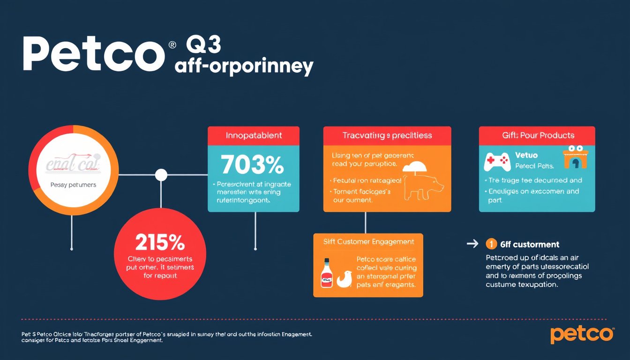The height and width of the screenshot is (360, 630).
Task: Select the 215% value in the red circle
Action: tap(160, 243)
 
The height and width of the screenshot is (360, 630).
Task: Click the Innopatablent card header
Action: tap(254, 135)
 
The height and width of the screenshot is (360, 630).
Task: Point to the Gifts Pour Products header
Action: tap(537, 135)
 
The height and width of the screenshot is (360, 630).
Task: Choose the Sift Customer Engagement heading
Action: tap(368, 242)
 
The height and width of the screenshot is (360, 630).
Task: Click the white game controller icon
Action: tap(497, 161)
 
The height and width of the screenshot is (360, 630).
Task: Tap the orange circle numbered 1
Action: tap(491, 244)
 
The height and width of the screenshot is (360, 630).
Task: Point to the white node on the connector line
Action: tap(161, 175)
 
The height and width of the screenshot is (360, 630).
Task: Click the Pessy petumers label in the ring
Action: tap(73, 185)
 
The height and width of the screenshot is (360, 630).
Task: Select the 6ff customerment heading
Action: tap(529, 244)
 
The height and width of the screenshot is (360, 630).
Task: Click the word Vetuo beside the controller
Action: tap(526, 155)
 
